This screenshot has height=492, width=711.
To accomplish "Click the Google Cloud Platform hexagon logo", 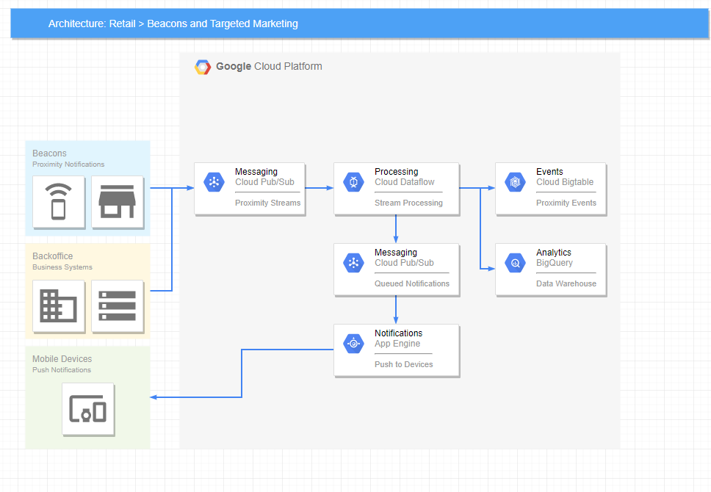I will coord(203,67).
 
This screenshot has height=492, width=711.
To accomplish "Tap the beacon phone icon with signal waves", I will coord(58,201).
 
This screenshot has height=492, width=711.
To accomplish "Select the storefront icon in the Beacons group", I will coord(117,201).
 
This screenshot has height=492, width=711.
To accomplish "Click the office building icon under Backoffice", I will coord(58,305).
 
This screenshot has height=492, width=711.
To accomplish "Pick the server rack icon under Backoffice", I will coord(117,305).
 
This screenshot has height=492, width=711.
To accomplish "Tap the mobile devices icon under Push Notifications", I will coord(87,408).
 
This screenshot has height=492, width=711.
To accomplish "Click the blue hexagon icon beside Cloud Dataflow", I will coord(353,182).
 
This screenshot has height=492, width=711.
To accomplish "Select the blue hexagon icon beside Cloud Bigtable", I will coord(515,182).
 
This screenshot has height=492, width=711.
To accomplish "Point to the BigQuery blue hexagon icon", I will coord(515,263).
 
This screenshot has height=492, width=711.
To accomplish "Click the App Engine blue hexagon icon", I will coord(353,344).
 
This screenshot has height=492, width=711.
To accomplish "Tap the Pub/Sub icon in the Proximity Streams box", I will coord(214,182).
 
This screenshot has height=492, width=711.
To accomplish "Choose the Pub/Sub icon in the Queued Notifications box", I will coord(353,263).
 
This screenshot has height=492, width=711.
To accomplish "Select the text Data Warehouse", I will coord(566,283).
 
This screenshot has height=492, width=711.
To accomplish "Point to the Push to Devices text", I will coord(403,364).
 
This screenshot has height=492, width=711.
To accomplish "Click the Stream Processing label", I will coord(408,203).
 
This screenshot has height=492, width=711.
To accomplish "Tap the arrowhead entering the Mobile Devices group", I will coord(154,397).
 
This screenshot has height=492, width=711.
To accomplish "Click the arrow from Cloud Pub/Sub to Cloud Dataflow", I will coord(319,188).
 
